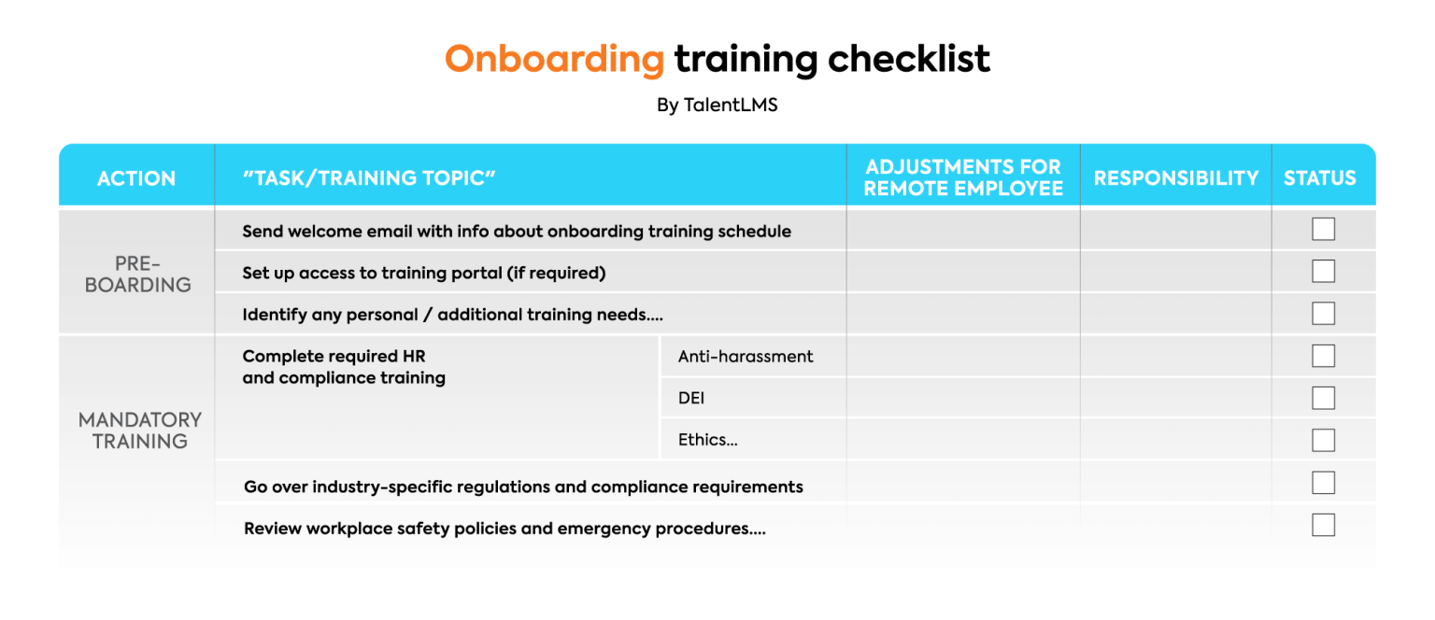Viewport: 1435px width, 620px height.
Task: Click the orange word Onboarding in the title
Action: pyautogui.click(x=554, y=60)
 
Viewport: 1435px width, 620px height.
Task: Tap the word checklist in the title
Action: pyautogui.click(x=908, y=58)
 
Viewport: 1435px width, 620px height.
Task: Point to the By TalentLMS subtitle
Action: pyautogui.click(x=717, y=105)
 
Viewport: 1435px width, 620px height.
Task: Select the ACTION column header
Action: pyautogui.click(x=136, y=178)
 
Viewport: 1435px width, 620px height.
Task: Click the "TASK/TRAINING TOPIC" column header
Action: pyautogui.click(x=369, y=177)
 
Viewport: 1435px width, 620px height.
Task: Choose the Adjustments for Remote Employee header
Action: pyautogui.click(x=963, y=177)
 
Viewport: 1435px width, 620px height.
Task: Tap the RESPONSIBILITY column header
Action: pyautogui.click(x=1175, y=178)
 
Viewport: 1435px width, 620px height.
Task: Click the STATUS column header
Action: pyautogui.click(x=1320, y=178)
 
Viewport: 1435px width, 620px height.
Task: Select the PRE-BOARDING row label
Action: pyautogui.click(x=137, y=275)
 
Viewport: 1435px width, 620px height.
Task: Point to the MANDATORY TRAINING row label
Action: pyautogui.click(x=139, y=430)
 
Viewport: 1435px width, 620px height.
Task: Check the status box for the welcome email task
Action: pyautogui.click(x=1323, y=229)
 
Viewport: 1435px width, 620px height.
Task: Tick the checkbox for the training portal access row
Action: pyautogui.click(x=1323, y=271)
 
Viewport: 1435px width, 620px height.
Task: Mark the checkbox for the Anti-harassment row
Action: pyautogui.click(x=1323, y=356)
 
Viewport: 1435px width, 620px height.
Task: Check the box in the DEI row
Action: pyautogui.click(x=1323, y=398)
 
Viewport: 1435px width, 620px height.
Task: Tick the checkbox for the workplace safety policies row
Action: pyautogui.click(x=1323, y=525)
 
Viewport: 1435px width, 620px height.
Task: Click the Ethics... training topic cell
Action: pyautogui.click(x=708, y=440)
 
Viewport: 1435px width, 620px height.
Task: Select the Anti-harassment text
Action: pyautogui.click(x=746, y=356)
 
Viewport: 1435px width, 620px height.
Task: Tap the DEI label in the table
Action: pyautogui.click(x=691, y=399)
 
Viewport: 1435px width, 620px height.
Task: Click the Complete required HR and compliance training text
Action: pyautogui.click(x=344, y=367)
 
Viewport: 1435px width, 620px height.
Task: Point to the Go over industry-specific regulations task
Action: pyautogui.click(x=523, y=486)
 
